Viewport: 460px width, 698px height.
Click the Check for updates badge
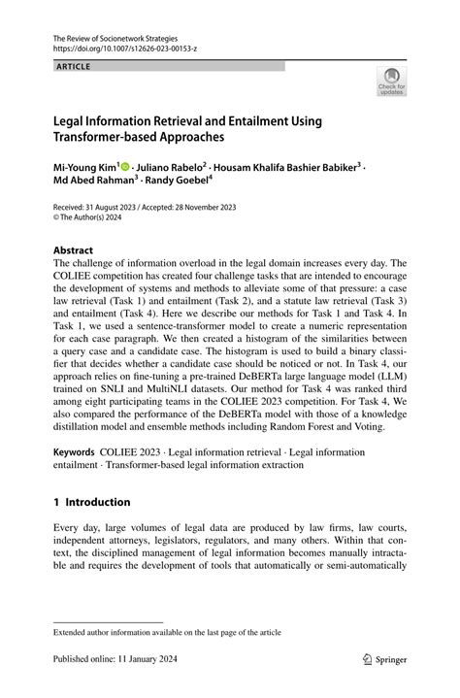click(392, 81)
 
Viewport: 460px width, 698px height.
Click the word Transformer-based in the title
click(112, 138)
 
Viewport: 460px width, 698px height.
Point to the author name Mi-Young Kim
click(84, 168)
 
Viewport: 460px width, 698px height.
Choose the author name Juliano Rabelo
click(175, 168)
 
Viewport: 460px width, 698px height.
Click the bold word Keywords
click(74, 452)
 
